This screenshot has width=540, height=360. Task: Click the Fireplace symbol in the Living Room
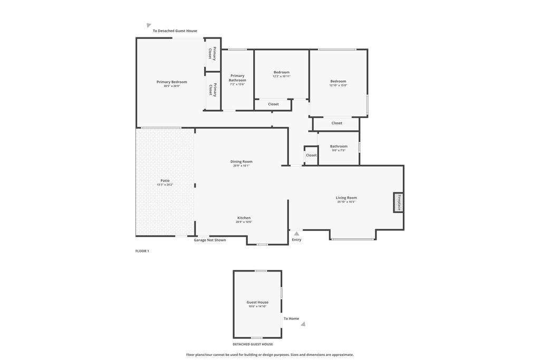pyautogui.click(x=399, y=202)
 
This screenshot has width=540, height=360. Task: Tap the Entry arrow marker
pyautogui.click(x=296, y=233)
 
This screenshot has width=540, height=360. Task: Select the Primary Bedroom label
pyautogui.click(x=171, y=82)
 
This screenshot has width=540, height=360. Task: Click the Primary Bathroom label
pyautogui.click(x=237, y=78)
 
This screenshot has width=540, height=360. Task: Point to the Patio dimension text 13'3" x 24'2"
pyautogui.click(x=165, y=185)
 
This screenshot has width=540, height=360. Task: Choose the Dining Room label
pyautogui.click(x=241, y=161)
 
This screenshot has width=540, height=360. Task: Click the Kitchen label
pyautogui.click(x=244, y=218)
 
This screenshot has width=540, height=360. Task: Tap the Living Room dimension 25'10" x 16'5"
pyautogui.click(x=346, y=202)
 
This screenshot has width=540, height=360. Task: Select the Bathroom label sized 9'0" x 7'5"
pyautogui.click(x=339, y=146)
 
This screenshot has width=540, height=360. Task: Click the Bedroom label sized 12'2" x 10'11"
pyautogui.click(x=281, y=72)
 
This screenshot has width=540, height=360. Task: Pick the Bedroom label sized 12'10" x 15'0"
pyautogui.click(x=338, y=81)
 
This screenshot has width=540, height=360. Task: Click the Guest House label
pyautogui.click(x=257, y=302)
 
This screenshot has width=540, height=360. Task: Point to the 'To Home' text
pyautogui.click(x=291, y=318)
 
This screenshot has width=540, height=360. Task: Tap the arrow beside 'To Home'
pyautogui.click(x=303, y=324)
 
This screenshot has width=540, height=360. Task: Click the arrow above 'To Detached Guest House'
pyautogui.click(x=149, y=25)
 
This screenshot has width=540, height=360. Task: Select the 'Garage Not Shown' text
pyautogui.click(x=210, y=240)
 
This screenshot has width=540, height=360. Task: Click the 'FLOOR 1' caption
pyautogui.click(x=142, y=251)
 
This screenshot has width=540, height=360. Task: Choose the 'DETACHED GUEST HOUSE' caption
pyautogui.click(x=253, y=344)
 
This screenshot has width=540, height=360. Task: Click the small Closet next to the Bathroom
pyautogui.click(x=311, y=155)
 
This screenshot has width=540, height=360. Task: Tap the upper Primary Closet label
pyautogui.click(x=212, y=54)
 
